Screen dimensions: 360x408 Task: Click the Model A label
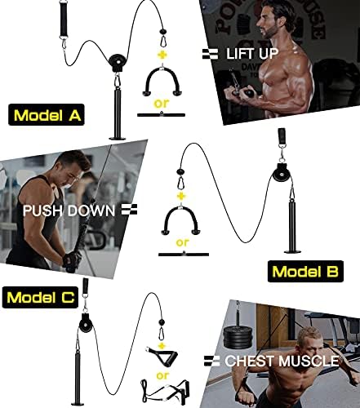(47, 115)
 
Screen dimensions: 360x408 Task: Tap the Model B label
(305, 271)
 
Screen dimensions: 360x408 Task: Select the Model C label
(40, 297)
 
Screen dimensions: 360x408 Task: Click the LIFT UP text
(252, 53)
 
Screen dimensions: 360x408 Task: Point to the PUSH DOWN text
(69, 211)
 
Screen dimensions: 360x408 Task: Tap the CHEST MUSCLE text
(282, 361)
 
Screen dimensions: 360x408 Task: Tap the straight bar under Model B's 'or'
(184, 255)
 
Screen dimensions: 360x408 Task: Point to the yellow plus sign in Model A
(162, 55)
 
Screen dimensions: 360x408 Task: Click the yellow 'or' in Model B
(182, 242)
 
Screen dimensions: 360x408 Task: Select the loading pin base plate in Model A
(118, 138)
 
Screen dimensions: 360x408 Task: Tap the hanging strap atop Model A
(64, 18)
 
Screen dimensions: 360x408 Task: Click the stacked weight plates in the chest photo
(238, 337)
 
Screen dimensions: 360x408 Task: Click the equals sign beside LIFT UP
(210, 54)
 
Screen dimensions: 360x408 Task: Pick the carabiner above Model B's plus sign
(180, 182)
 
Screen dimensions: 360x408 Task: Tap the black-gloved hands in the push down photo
(71, 261)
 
